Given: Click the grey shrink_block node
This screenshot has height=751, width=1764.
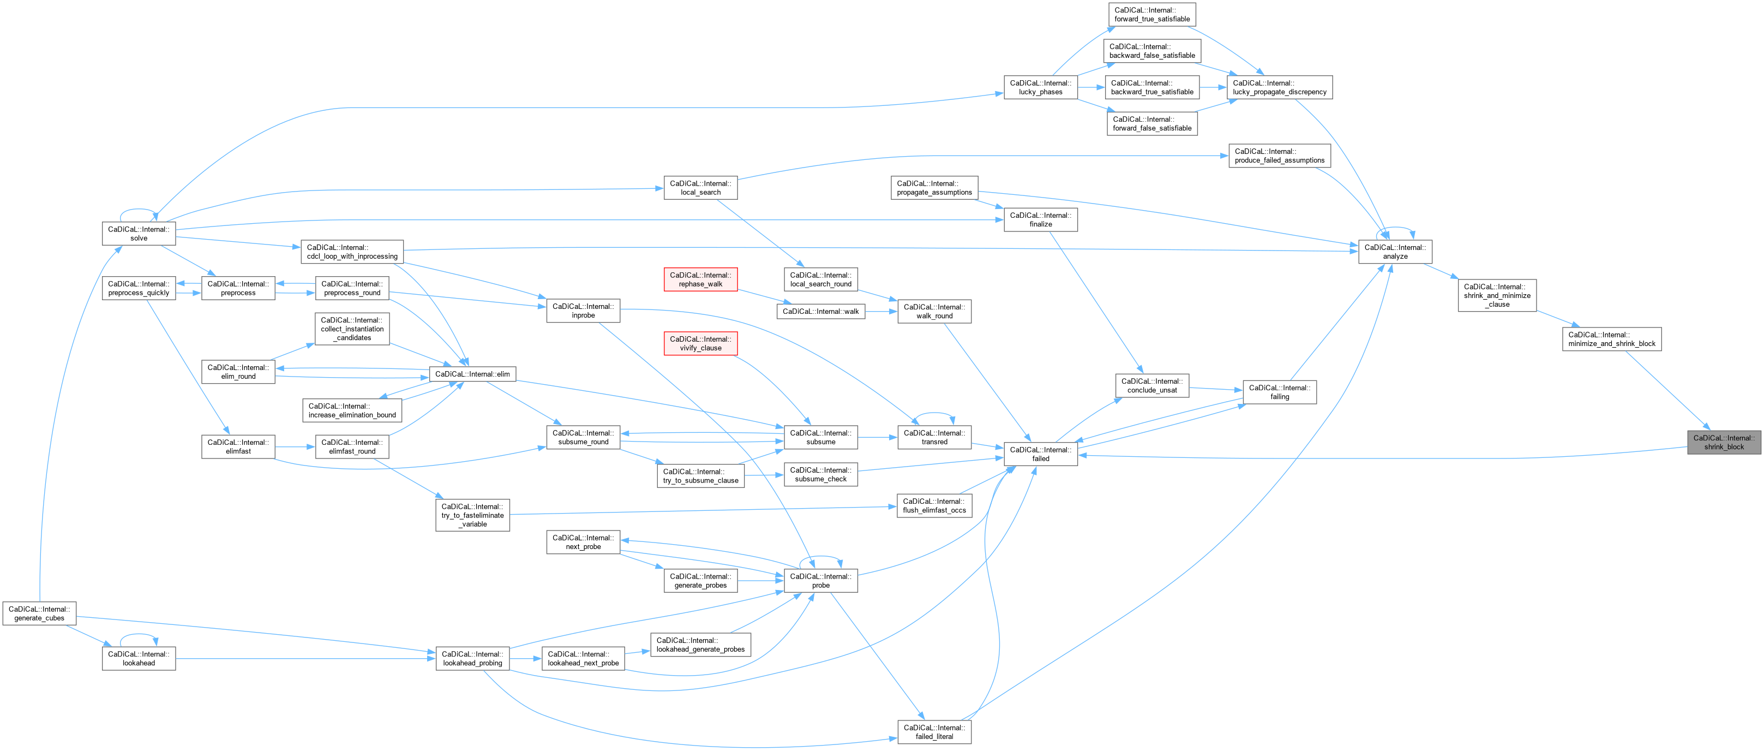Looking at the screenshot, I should (x=1724, y=443).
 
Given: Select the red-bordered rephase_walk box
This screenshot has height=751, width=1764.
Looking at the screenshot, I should (x=700, y=279).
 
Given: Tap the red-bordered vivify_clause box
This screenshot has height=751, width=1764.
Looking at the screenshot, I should (x=700, y=343).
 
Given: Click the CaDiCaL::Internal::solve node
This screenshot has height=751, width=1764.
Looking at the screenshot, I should (x=139, y=234).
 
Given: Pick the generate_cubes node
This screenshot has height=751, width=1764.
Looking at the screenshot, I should (x=39, y=613).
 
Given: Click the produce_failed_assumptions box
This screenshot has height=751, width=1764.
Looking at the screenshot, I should (x=1279, y=156).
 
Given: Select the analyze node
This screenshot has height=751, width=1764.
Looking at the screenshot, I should (x=1395, y=252).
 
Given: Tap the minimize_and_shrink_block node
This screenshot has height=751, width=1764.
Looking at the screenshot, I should (x=1611, y=339).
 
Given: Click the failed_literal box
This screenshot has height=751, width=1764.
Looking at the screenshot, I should (x=934, y=732).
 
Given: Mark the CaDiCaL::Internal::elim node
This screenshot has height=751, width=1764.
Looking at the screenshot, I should (x=472, y=374).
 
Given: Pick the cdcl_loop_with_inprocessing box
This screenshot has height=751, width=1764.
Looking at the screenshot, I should (x=352, y=252).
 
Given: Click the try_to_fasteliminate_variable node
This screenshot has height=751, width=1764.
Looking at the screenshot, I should (x=472, y=515).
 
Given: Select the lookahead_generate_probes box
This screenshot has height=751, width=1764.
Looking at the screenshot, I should (x=700, y=645).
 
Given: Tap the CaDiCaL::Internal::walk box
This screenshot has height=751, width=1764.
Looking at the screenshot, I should (x=820, y=311).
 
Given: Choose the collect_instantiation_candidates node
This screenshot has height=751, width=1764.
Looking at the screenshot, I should (x=352, y=329).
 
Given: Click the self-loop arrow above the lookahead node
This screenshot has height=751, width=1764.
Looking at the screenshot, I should (x=139, y=635).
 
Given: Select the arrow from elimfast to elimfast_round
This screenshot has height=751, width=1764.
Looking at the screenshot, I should (x=295, y=447).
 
